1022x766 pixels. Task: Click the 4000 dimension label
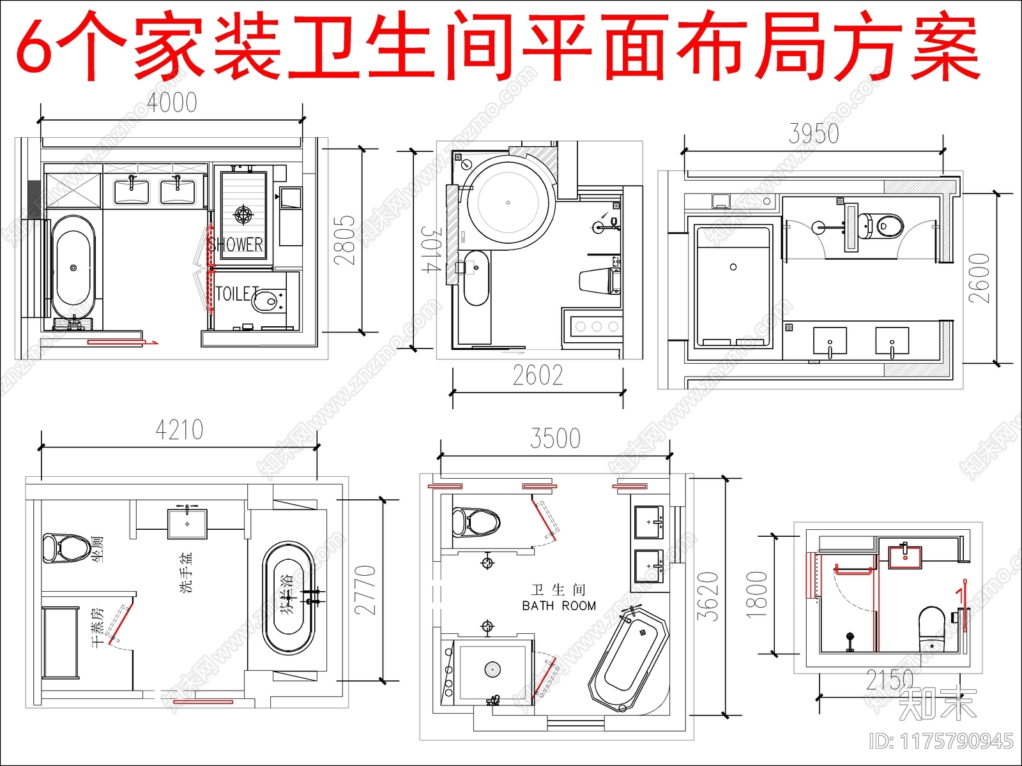click(x=172, y=103)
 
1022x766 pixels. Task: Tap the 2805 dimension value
click(x=344, y=240)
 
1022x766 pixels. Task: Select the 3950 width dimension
click(x=813, y=134)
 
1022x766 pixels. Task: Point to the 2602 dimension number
click(x=538, y=376)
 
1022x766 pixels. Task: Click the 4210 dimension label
click(x=179, y=430)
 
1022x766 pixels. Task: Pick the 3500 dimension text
click(x=555, y=439)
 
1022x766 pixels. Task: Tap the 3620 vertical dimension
click(x=708, y=596)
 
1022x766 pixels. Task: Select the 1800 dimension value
click(x=756, y=594)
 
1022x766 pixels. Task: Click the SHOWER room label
click(x=236, y=244)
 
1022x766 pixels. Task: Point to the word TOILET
click(x=237, y=294)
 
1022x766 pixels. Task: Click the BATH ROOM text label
click(x=559, y=606)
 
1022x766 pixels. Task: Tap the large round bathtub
click(x=508, y=202)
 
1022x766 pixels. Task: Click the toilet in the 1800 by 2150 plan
click(x=931, y=626)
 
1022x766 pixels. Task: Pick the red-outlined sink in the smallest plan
click(x=905, y=556)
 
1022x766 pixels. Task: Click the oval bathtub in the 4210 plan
click(x=289, y=597)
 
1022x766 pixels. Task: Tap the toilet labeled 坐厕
click(x=66, y=548)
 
